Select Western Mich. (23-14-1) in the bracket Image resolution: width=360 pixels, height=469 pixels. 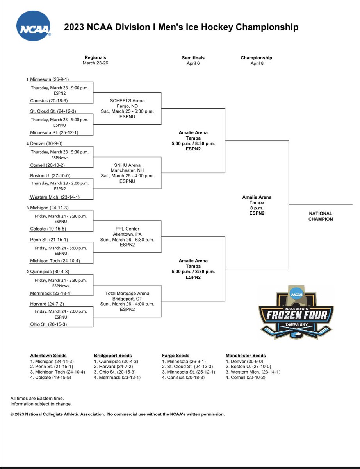pyautogui.click(x=52, y=197)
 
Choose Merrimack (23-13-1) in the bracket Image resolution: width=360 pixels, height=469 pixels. pyautogui.click(x=51, y=293)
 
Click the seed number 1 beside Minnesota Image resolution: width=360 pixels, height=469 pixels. pyautogui.click(x=27, y=79)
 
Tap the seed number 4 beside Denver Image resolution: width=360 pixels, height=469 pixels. pyautogui.click(x=27, y=143)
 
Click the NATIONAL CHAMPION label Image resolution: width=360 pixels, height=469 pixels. pyautogui.click(x=321, y=216)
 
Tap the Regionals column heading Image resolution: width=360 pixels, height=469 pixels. pyautogui.click(x=95, y=58)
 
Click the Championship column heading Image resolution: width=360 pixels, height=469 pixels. pyautogui.click(x=256, y=58)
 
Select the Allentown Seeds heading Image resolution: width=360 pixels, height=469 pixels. pyautogui.click(x=48, y=356)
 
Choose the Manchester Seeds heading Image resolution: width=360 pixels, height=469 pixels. pyautogui.click(x=246, y=356)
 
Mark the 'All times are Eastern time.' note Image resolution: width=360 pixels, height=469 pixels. pyautogui.click(x=37, y=398)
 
